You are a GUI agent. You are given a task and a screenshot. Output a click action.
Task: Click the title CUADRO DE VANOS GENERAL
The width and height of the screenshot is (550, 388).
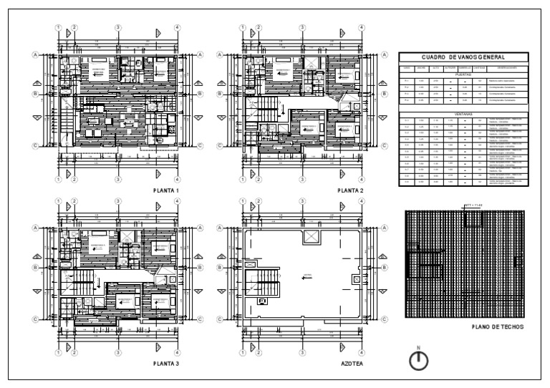click(463, 57)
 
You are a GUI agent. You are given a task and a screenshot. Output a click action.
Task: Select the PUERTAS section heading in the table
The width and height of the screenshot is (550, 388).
click(463, 74)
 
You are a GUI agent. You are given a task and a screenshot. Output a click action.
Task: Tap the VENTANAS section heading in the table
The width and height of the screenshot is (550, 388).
click(463, 113)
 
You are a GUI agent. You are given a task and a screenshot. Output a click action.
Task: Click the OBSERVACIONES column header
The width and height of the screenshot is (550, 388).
click(508, 68)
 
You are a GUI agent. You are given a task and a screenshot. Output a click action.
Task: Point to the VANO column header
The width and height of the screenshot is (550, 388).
click(406, 68)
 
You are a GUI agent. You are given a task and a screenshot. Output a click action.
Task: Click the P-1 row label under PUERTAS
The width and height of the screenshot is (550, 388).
click(406, 81)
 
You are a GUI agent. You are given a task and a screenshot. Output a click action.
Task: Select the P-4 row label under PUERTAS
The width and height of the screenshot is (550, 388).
click(406, 100)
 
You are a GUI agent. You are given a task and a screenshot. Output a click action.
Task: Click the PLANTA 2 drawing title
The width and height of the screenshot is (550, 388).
click(351, 191)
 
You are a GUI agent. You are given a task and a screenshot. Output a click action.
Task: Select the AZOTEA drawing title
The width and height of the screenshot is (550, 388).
click(352, 364)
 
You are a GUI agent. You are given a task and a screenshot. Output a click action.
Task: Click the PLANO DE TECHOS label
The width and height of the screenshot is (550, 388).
click(498, 327)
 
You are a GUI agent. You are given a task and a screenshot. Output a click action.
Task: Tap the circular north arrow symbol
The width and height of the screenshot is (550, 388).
click(418, 361)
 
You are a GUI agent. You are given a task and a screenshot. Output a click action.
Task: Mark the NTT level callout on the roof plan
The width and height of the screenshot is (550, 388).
click(473, 206)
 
